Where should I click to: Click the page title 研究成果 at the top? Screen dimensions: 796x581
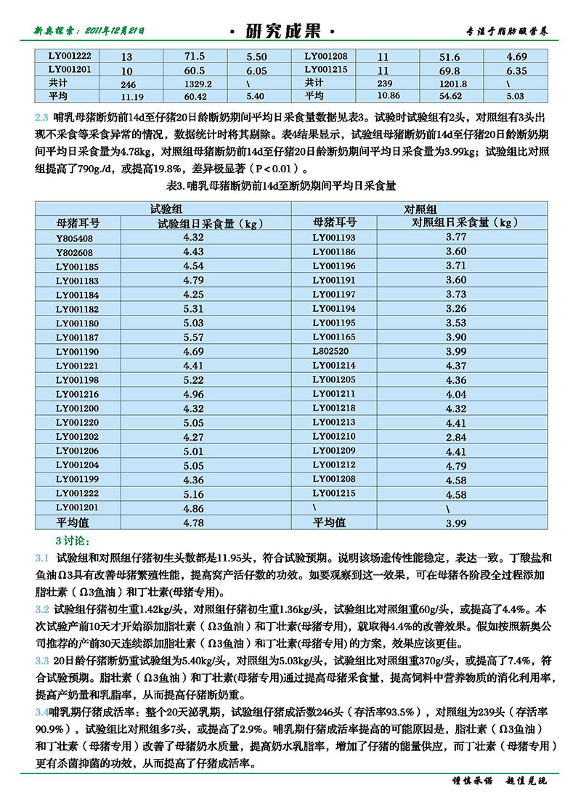pyautogui.click(x=283, y=31)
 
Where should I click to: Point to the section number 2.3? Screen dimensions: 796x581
pyautogui.click(x=42, y=116)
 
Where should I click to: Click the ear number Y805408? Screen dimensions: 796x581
pyautogui.click(x=75, y=238)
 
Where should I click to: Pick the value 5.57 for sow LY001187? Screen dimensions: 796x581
pyautogui.click(x=193, y=337)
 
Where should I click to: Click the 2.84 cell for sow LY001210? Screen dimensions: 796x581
pyautogui.click(x=455, y=437)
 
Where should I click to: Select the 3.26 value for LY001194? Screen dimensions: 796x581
pyautogui.click(x=455, y=309)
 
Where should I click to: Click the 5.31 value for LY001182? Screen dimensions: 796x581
pyautogui.click(x=193, y=309)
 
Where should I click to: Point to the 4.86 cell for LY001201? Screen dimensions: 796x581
pyautogui.click(x=193, y=508)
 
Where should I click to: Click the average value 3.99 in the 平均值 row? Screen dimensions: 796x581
pyautogui.click(x=455, y=523)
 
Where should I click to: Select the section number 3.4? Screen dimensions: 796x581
pyautogui.click(x=42, y=710)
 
